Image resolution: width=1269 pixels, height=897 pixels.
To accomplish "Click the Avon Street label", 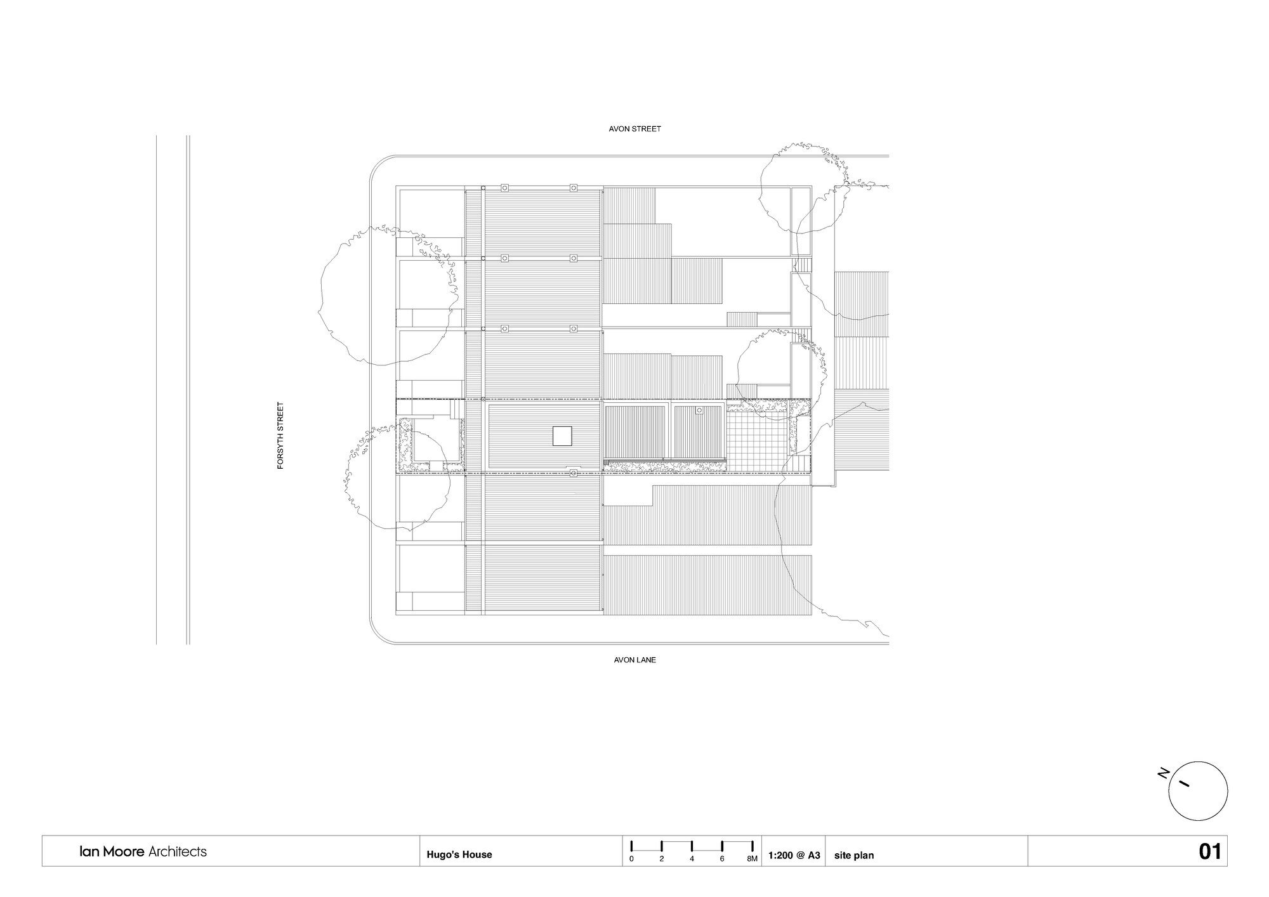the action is pos(634,129).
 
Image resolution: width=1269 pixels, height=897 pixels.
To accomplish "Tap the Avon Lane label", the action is pos(634,660).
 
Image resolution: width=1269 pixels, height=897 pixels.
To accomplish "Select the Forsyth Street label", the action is pos(280,436).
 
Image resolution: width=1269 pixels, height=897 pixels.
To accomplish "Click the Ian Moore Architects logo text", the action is pos(143,851).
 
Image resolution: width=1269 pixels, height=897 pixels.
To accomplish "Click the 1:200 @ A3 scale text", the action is pos(794,855).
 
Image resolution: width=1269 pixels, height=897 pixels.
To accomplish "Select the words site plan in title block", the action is pos(854,855).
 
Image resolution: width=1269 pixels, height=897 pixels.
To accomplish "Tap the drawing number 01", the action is pos(1209,851).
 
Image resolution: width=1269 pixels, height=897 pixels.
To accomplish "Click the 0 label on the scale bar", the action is pos(631,859).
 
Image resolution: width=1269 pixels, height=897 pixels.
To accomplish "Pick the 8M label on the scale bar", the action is pos(752,859).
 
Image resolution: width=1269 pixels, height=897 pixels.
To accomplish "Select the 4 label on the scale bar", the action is pos(692,859).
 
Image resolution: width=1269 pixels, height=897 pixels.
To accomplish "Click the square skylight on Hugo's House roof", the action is pos(562,436).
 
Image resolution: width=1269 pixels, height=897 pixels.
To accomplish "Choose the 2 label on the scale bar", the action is pos(662,859).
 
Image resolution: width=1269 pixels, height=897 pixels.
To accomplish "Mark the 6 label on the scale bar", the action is pos(722,859).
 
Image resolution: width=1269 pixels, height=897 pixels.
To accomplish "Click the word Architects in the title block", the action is pos(177,851).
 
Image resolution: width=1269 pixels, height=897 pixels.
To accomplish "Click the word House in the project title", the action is pos(478,854).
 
